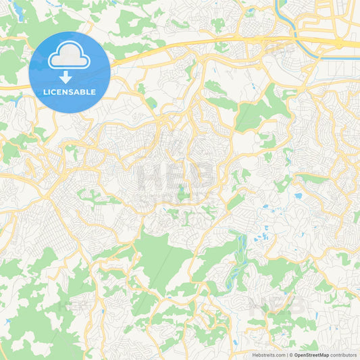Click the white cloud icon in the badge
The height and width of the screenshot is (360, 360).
(x=70, y=59)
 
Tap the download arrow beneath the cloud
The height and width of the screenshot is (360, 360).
(x=70, y=75)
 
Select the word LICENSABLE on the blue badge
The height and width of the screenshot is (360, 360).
(x=70, y=92)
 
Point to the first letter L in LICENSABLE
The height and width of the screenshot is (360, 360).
(x=45, y=92)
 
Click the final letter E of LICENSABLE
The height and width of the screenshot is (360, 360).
(x=94, y=92)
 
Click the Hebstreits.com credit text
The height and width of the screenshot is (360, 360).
(x=269, y=355)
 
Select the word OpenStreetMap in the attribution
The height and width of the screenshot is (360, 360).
(x=311, y=355)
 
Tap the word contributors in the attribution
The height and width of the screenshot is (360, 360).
(x=344, y=355)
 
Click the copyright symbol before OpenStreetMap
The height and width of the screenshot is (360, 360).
(x=291, y=355)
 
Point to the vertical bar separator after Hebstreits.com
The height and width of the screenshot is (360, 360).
(x=286, y=355)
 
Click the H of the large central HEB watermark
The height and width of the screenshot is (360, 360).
(x=150, y=177)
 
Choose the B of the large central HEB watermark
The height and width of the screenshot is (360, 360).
(x=205, y=177)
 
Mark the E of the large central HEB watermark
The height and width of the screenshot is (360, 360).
(x=177, y=177)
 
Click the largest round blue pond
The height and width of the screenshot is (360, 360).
(x=298, y=197)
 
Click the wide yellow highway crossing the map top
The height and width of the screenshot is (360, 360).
(x=203, y=44)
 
